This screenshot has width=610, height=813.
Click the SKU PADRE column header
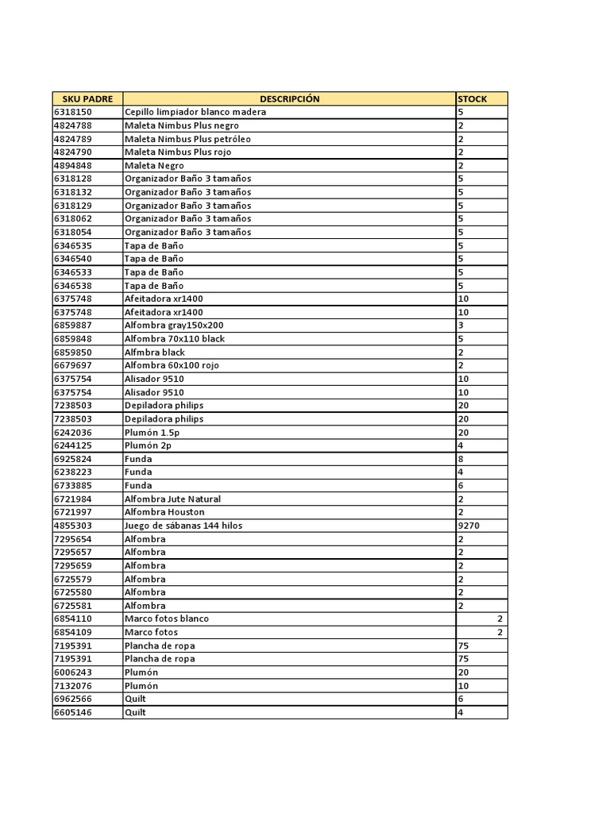[87, 99]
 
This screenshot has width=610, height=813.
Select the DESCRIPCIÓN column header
[289, 99]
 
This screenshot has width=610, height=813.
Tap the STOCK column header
[473, 99]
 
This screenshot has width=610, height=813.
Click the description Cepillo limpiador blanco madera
[195, 112]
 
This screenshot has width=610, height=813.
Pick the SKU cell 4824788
[73, 125]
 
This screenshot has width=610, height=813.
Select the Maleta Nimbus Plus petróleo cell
[187, 139]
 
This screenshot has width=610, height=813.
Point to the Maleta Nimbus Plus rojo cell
[178, 152]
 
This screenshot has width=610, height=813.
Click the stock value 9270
[469, 526]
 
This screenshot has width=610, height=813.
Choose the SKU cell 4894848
[73, 165]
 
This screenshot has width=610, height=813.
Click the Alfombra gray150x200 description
[174, 326]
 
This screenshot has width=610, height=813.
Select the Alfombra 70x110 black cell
[175, 338]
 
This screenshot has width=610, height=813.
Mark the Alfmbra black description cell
[155, 352]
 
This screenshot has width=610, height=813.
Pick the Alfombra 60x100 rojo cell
[172, 365]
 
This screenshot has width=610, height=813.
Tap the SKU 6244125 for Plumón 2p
[73, 445]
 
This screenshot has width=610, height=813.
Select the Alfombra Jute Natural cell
[172, 499]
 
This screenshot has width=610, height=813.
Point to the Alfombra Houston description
[164, 512]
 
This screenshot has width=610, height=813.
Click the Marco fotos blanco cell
[167, 618]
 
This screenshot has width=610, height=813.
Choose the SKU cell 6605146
[73, 712]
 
